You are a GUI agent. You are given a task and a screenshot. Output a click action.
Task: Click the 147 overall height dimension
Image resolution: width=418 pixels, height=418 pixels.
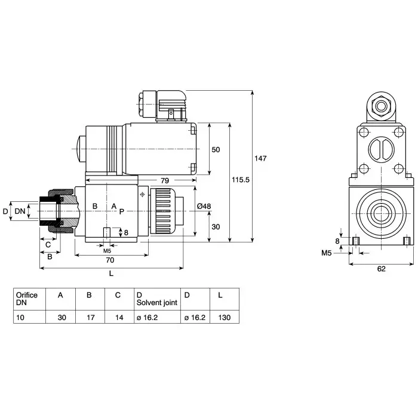[x=260, y=158]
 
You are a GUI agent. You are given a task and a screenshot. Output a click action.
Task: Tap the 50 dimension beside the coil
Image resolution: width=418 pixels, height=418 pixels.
[x=216, y=149]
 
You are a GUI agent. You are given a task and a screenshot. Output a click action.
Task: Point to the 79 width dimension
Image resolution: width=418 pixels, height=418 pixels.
[x=164, y=180]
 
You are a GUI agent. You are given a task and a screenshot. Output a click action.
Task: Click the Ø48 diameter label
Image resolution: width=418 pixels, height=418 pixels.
[x=204, y=207]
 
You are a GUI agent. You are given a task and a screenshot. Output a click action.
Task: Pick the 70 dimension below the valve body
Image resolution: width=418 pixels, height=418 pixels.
[x=110, y=260]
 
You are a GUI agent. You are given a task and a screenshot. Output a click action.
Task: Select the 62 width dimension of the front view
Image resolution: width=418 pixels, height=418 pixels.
[x=381, y=268]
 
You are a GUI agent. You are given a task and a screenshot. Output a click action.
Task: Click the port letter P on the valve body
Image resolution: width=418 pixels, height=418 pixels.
[x=121, y=211]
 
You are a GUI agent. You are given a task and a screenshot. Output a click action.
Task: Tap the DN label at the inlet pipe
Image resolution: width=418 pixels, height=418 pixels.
[x=20, y=211]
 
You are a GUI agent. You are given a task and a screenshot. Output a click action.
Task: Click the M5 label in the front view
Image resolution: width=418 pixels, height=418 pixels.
[x=326, y=253]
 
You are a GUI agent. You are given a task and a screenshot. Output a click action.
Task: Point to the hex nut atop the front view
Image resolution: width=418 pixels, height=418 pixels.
[x=380, y=108]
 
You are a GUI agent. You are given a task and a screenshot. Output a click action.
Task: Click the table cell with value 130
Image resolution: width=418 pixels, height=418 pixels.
[x=224, y=318]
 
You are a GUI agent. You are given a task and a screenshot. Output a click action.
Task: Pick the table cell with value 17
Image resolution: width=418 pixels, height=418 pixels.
[x=90, y=318]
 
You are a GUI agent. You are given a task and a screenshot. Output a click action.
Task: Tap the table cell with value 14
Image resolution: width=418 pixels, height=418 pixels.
[x=119, y=318]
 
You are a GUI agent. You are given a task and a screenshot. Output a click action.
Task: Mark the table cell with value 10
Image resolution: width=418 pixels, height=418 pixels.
[x=21, y=318]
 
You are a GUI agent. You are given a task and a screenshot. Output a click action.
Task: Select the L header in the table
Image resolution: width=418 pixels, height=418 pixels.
[x=221, y=295]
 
